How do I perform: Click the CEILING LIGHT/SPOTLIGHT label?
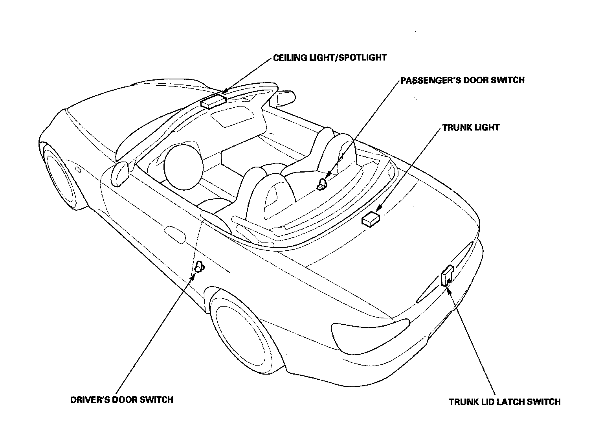click(x=330, y=58)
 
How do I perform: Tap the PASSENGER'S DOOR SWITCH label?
click(x=462, y=80)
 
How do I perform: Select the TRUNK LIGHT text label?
click(x=471, y=128)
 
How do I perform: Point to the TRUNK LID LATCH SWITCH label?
click(x=505, y=402)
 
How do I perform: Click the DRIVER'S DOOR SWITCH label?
click(x=122, y=400)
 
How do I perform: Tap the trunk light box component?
click(x=370, y=219)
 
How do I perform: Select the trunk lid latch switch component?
click(x=447, y=276)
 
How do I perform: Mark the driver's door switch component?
click(x=199, y=267)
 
